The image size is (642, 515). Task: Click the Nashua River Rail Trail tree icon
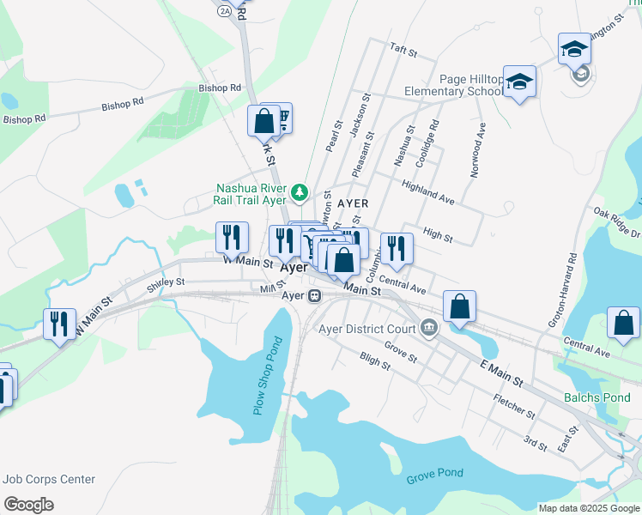click(x=300, y=191)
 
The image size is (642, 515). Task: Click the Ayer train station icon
click(x=315, y=295)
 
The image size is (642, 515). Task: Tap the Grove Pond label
click(x=434, y=473)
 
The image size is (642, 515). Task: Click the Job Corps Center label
click(x=49, y=480)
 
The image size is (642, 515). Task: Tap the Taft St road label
click(x=403, y=51)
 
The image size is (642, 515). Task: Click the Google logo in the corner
click(x=28, y=505)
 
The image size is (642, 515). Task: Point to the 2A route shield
click(x=225, y=10)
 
